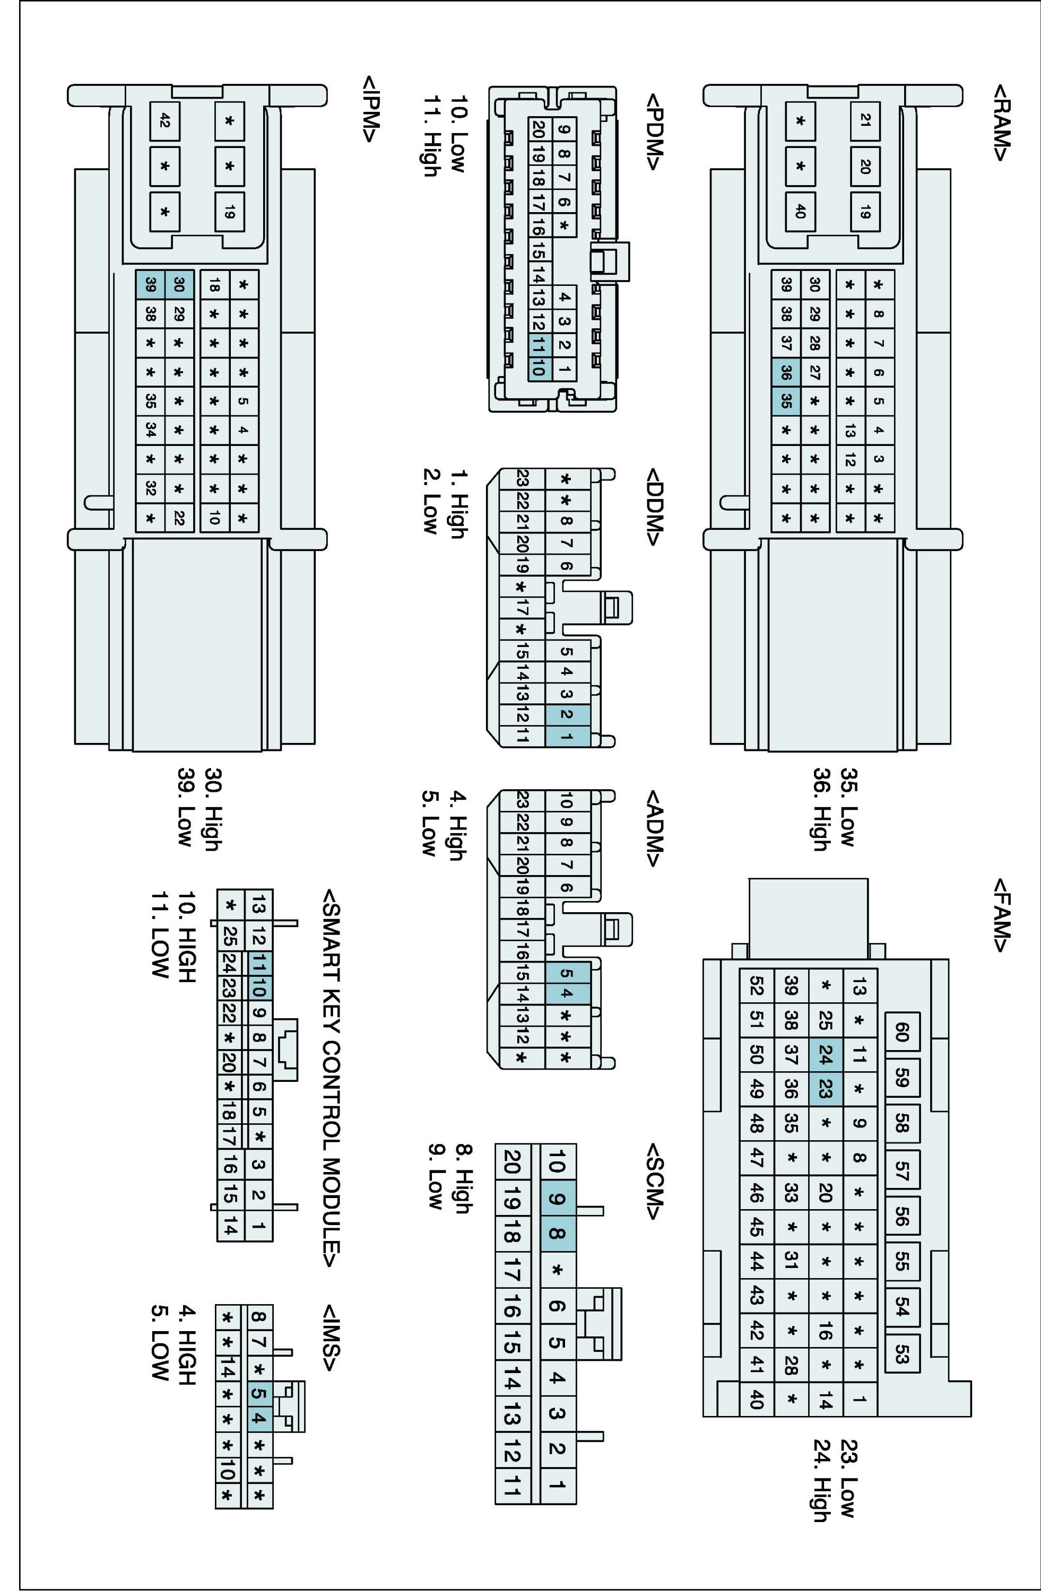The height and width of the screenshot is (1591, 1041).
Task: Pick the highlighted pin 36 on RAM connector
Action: pyautogui.click(x=786, y=372)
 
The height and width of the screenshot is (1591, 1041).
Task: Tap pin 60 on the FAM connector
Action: pyautogui.click(x=901, y=1033)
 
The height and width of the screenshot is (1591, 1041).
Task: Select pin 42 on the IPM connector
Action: pyautogui.click(x=164, y=121)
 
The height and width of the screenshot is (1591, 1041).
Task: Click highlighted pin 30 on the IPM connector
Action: pyautogui.click(x=178, y=284)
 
